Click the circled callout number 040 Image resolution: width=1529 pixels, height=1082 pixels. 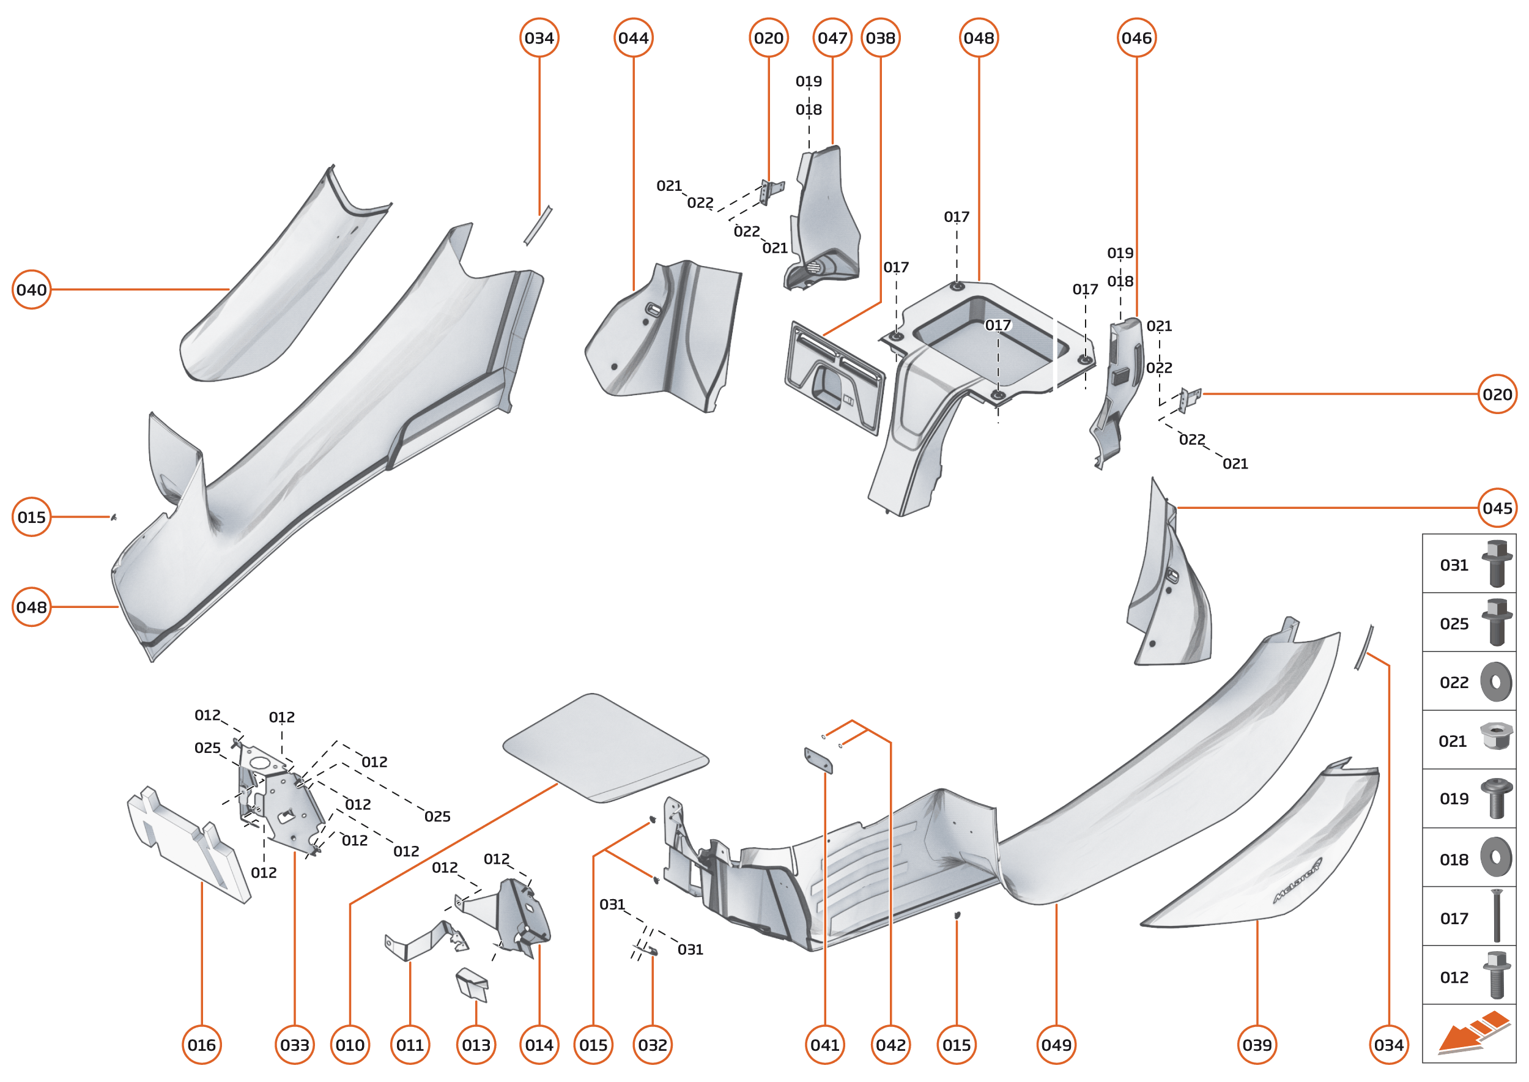coord(31,290)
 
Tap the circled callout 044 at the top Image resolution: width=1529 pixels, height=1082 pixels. coord(633,38)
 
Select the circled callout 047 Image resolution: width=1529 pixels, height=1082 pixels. coord(832,38)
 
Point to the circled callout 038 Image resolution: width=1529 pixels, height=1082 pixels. coord(880,38)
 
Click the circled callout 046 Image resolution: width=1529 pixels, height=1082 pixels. coord(1136,38)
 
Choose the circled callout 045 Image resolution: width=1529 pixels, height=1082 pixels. coord(1497,508)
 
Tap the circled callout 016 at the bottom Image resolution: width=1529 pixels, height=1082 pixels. coord(201,1045)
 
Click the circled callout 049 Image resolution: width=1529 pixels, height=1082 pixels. coord(1056,1045)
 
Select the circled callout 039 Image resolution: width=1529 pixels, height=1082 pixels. coord(1256,1045)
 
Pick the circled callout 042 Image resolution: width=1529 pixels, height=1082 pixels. coord(890,1045)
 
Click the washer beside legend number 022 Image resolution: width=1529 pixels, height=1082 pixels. coord(1496,681)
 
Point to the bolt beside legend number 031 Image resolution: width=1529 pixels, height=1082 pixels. coord(1496,564)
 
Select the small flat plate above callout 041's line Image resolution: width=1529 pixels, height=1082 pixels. coord(818,760)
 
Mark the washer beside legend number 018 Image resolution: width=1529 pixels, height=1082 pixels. coord(1496,857)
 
